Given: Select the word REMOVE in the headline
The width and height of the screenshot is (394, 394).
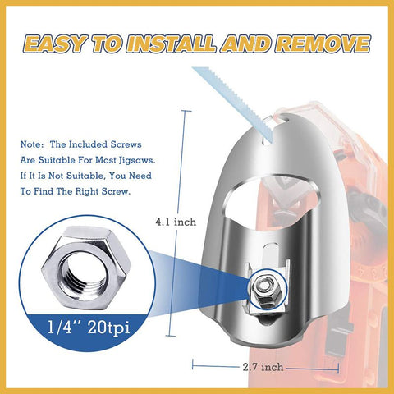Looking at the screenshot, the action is pos(323,44).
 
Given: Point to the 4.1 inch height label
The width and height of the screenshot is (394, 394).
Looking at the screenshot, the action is pos(176,222).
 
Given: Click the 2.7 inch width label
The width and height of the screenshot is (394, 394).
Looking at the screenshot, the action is pos(263,367).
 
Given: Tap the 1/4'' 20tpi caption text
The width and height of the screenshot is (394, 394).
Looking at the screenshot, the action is pos(89,327).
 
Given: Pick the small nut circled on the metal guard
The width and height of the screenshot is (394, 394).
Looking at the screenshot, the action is pos(267,291).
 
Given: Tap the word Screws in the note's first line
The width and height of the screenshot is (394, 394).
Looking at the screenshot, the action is pos(126,144).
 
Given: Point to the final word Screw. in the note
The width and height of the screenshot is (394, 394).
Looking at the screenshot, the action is pos(116,191).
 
